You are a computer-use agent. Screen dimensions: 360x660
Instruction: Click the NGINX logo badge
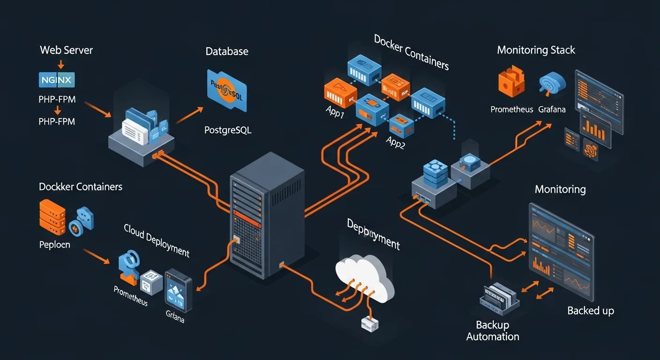pyautogui.click(x=56, y=80)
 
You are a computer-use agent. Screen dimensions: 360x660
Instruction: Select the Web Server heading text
pyautogui.click(x=66, y=50)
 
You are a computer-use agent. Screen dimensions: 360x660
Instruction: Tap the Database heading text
pyautogui.click(x=227, y=52)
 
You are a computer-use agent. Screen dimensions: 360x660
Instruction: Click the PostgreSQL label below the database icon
pyautogui.click(x=228, y=130)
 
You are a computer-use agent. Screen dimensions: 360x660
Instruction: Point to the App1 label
pyautogui.click(x=335, y=112)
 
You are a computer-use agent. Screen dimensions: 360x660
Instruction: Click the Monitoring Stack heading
pyautogui.click(x=536, y=50)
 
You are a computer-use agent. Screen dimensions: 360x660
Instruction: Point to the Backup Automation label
pyautogui.click(x=493, y=330)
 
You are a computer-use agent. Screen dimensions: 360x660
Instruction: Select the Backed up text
pyautogui.click(x=590, y=310)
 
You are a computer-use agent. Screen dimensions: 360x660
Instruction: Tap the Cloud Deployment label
pyautogui.click(x=157, y=240)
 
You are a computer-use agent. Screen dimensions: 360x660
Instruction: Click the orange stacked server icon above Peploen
pyautogui.click(x=52, y=217)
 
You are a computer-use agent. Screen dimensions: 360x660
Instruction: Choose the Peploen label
pyautogui.click(x=54, y=244)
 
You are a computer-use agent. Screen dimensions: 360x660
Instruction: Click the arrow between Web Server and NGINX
pyautogui.click(x=60, y=64)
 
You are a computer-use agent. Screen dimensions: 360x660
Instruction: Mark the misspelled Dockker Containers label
pyautogui.click(x=81, y=187)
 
